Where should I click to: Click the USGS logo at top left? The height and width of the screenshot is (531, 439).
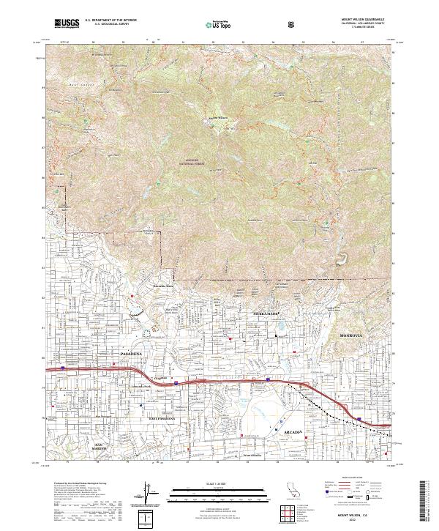(x=67, y=23)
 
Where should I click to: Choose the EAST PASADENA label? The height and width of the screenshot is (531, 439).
(x=163, y=417)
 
